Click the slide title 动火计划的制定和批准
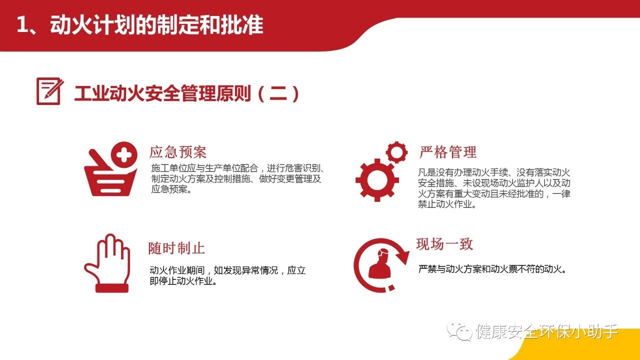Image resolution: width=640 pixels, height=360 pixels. click(x=156, y=25)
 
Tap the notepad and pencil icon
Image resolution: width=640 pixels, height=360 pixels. click(x=49, y=91)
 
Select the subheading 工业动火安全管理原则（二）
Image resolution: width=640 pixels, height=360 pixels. click(x=187, y=93)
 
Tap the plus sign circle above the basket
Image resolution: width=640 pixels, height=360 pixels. click(x=124, y=155)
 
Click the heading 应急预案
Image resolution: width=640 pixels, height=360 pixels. click(x=177, y=152)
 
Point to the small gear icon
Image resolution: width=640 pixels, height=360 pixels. click(x=396, y=152)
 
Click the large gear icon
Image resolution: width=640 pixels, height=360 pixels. click(x=377, y=180)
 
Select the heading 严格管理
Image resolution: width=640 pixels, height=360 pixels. click(x=447, y=152)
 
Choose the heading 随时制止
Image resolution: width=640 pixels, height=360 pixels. click(x=176, y=248)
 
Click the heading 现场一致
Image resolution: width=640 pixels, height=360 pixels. click(x=444, y=244)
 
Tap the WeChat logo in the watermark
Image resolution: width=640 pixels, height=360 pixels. click(x=459, y=330)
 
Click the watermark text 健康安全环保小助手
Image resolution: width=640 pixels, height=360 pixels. click(x=547, y=331)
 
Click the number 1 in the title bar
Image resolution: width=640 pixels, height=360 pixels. click(x=22, y=25)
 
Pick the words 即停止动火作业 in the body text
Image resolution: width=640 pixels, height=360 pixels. click(x=181, y=281)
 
